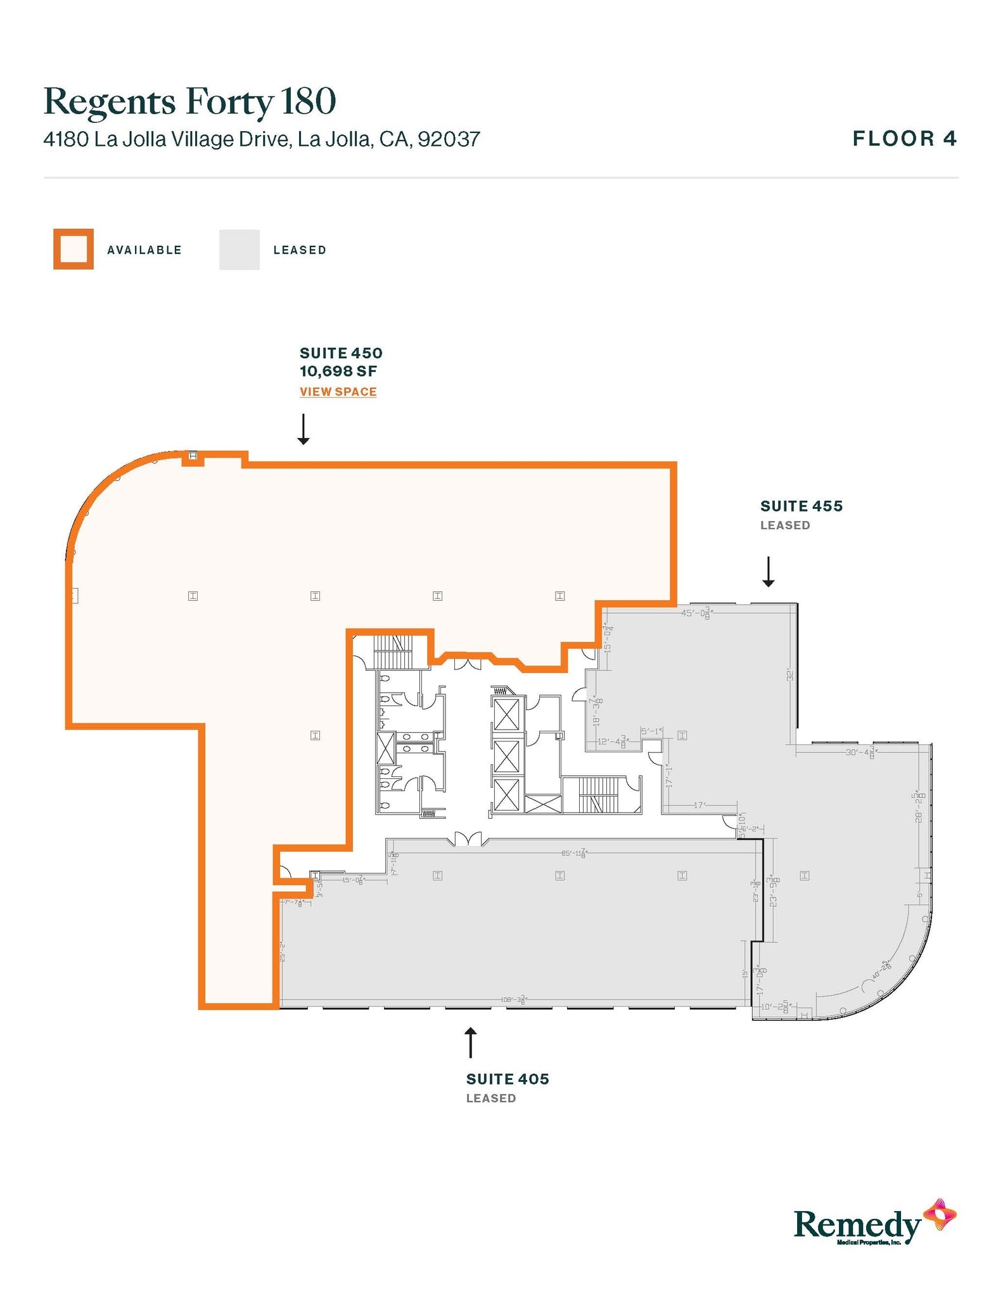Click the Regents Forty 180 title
(x=189, y=101)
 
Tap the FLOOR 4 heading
(x=904, y=138)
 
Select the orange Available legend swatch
(x=73, y=249)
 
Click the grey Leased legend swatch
(x=239, y=249)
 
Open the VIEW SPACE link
(x=338, y=392)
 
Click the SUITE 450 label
(x=341, y=353)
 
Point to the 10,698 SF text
(x=338, y=371)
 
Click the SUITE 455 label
(x=801, y=506)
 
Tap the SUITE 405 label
(x=508, y=1079)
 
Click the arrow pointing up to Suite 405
(x=470, y=1043)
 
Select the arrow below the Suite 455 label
(x=768, y=571)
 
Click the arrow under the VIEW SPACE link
(x=303, y=429)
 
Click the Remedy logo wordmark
(x=857, y=1224)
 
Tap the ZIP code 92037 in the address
(x=449, y=139)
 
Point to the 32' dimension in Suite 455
(x=790, y=674)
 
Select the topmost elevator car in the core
(x=506, y=714)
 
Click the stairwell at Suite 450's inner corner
(x=393, y=651)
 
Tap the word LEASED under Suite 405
(x=491, y=1098)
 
